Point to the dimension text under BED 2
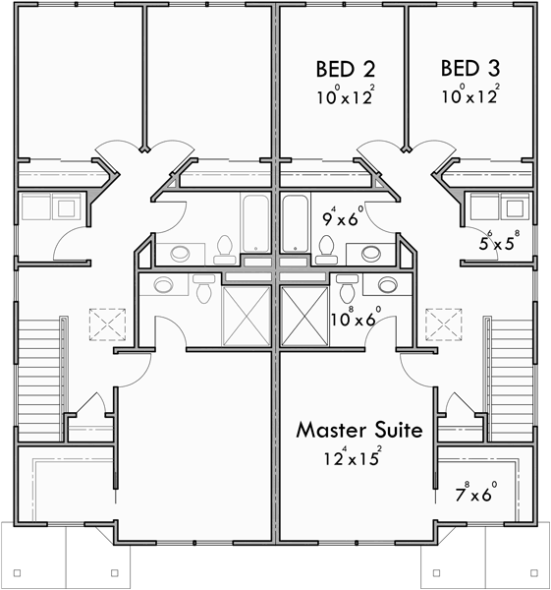pyautogui.click(x=346, y=96)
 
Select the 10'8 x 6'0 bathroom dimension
pyautogui.click(x=355, y=317)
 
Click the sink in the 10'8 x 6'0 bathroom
pyautogui.click(x=387, y=286)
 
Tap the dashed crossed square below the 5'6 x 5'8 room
pyautogui.click(x=443, y=323)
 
